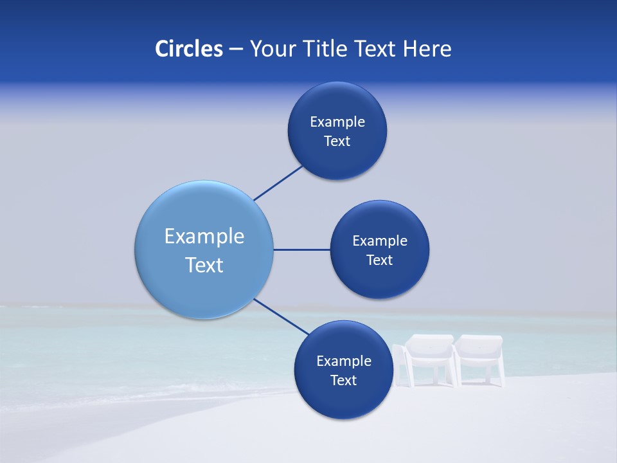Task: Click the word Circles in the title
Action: [189, 49]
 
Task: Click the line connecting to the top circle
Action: [279, 183]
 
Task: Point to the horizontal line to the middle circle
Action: [301, 250]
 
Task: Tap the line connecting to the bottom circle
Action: [282, 317]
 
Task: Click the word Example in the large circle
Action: [204, 237]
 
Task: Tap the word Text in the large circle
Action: [204, 265]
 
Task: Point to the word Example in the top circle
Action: [337, 122]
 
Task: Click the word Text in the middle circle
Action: [379, 260]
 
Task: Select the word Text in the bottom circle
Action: [343, 381]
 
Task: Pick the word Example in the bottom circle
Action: [344, 361]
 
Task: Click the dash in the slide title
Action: [236, 50]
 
